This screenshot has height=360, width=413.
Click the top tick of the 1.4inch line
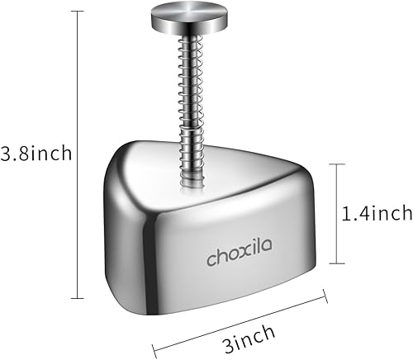tap(335, 163)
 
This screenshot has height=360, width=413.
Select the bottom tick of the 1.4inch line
tap(335, 262)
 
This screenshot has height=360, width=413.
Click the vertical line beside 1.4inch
tap(335, 212)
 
